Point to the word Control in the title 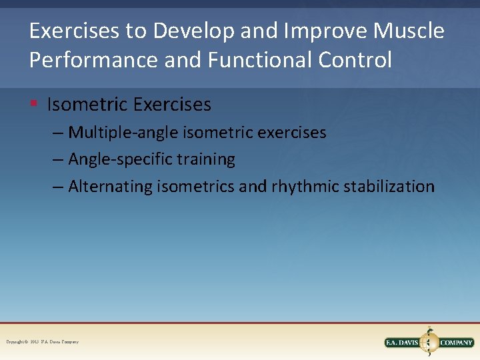355,60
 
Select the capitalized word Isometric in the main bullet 87,105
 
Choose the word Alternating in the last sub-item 110,186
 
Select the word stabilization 389,186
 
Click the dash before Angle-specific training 59,159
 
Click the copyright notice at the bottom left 42,342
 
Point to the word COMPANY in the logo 456,343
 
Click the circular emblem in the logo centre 429,342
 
